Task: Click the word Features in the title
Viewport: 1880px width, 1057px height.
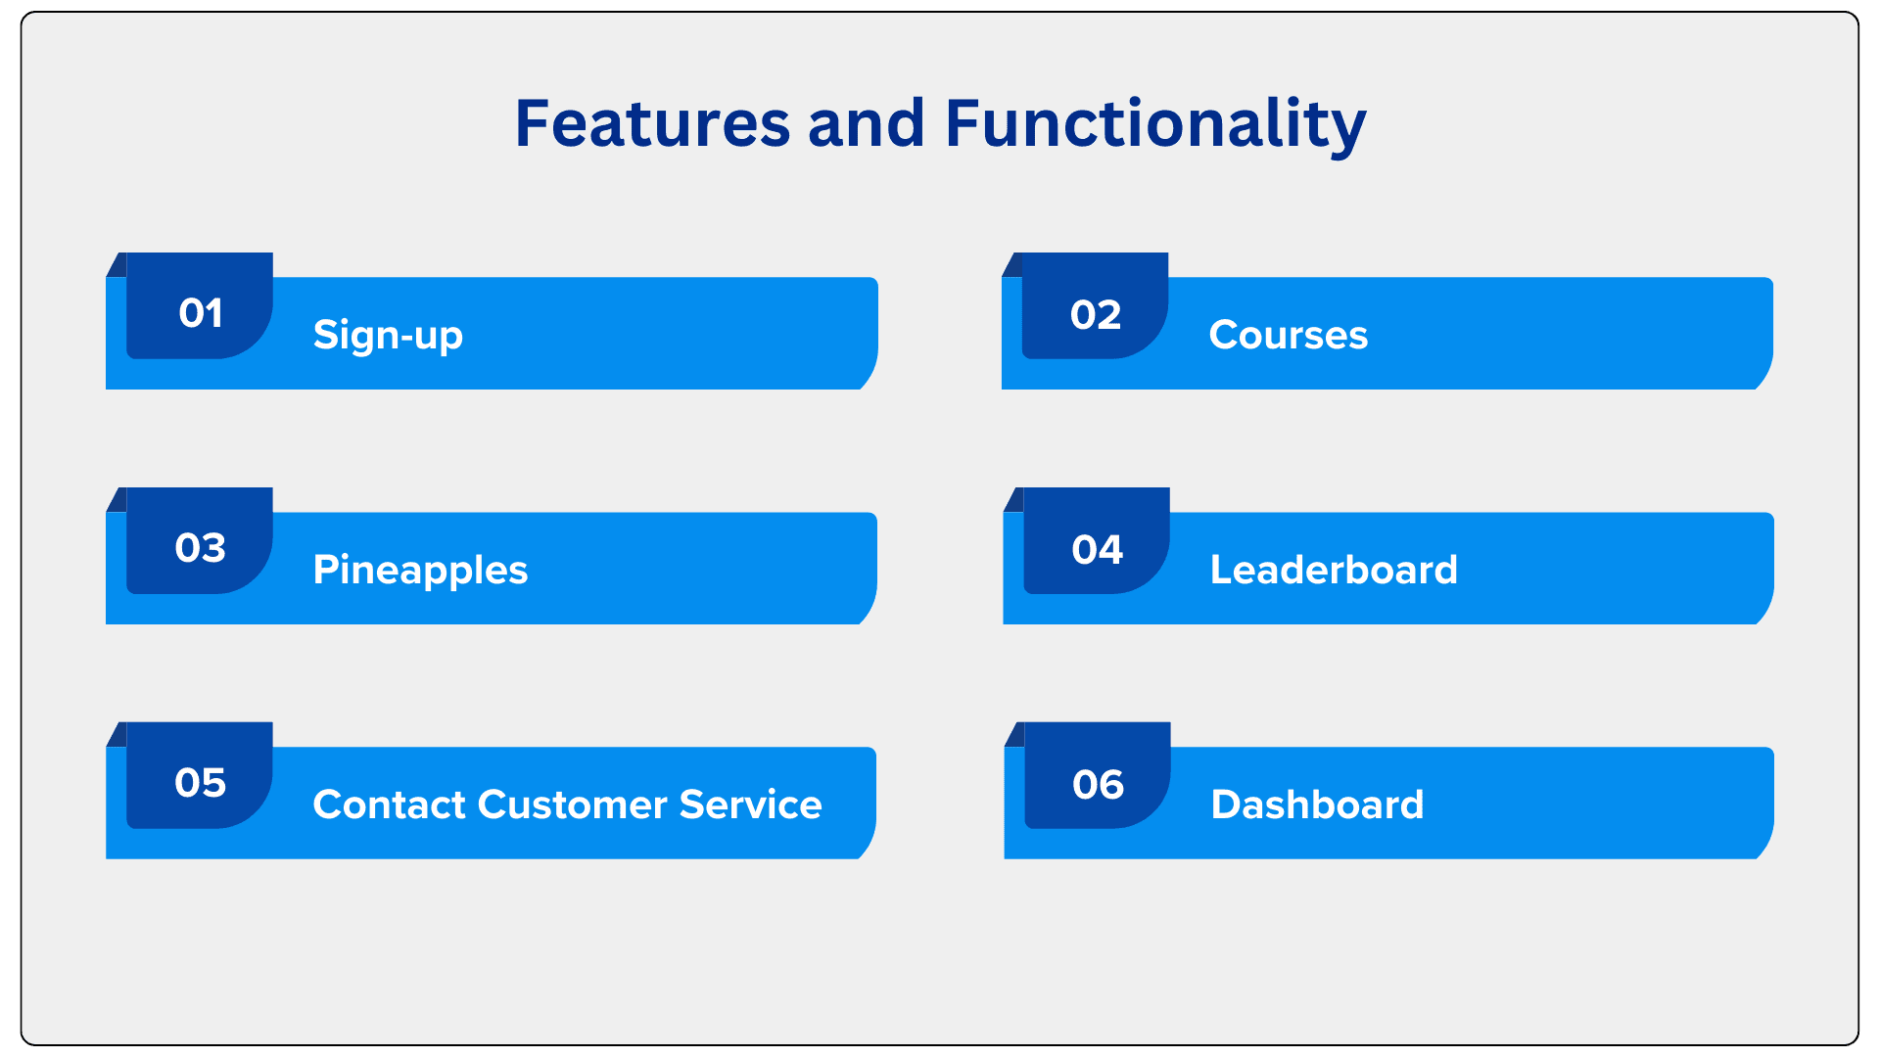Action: coord(652,124)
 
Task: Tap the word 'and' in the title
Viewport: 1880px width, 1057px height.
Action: coord(867,123)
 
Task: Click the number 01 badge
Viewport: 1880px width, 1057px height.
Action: coord(200,305)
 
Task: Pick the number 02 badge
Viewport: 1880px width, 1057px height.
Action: coord(1096,305)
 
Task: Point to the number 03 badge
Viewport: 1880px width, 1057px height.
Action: coord(200,540)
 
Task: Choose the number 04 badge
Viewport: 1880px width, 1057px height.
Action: coord(1097,540)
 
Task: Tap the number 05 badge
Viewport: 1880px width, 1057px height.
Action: coord(200,775)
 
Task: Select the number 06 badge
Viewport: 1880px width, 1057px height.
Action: coord(1098,775)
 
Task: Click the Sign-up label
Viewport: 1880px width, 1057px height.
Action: coord(388,336)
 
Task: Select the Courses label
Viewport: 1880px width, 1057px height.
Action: coord(1289,335)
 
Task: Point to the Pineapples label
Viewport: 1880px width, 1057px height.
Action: coord(420,571)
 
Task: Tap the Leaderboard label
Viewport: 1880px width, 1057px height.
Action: coord(1334,570)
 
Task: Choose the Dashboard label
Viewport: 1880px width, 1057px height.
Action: coord(1317,804)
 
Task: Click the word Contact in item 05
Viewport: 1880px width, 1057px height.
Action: coord(390,804)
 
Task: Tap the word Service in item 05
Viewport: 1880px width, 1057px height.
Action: coord(750,804)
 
